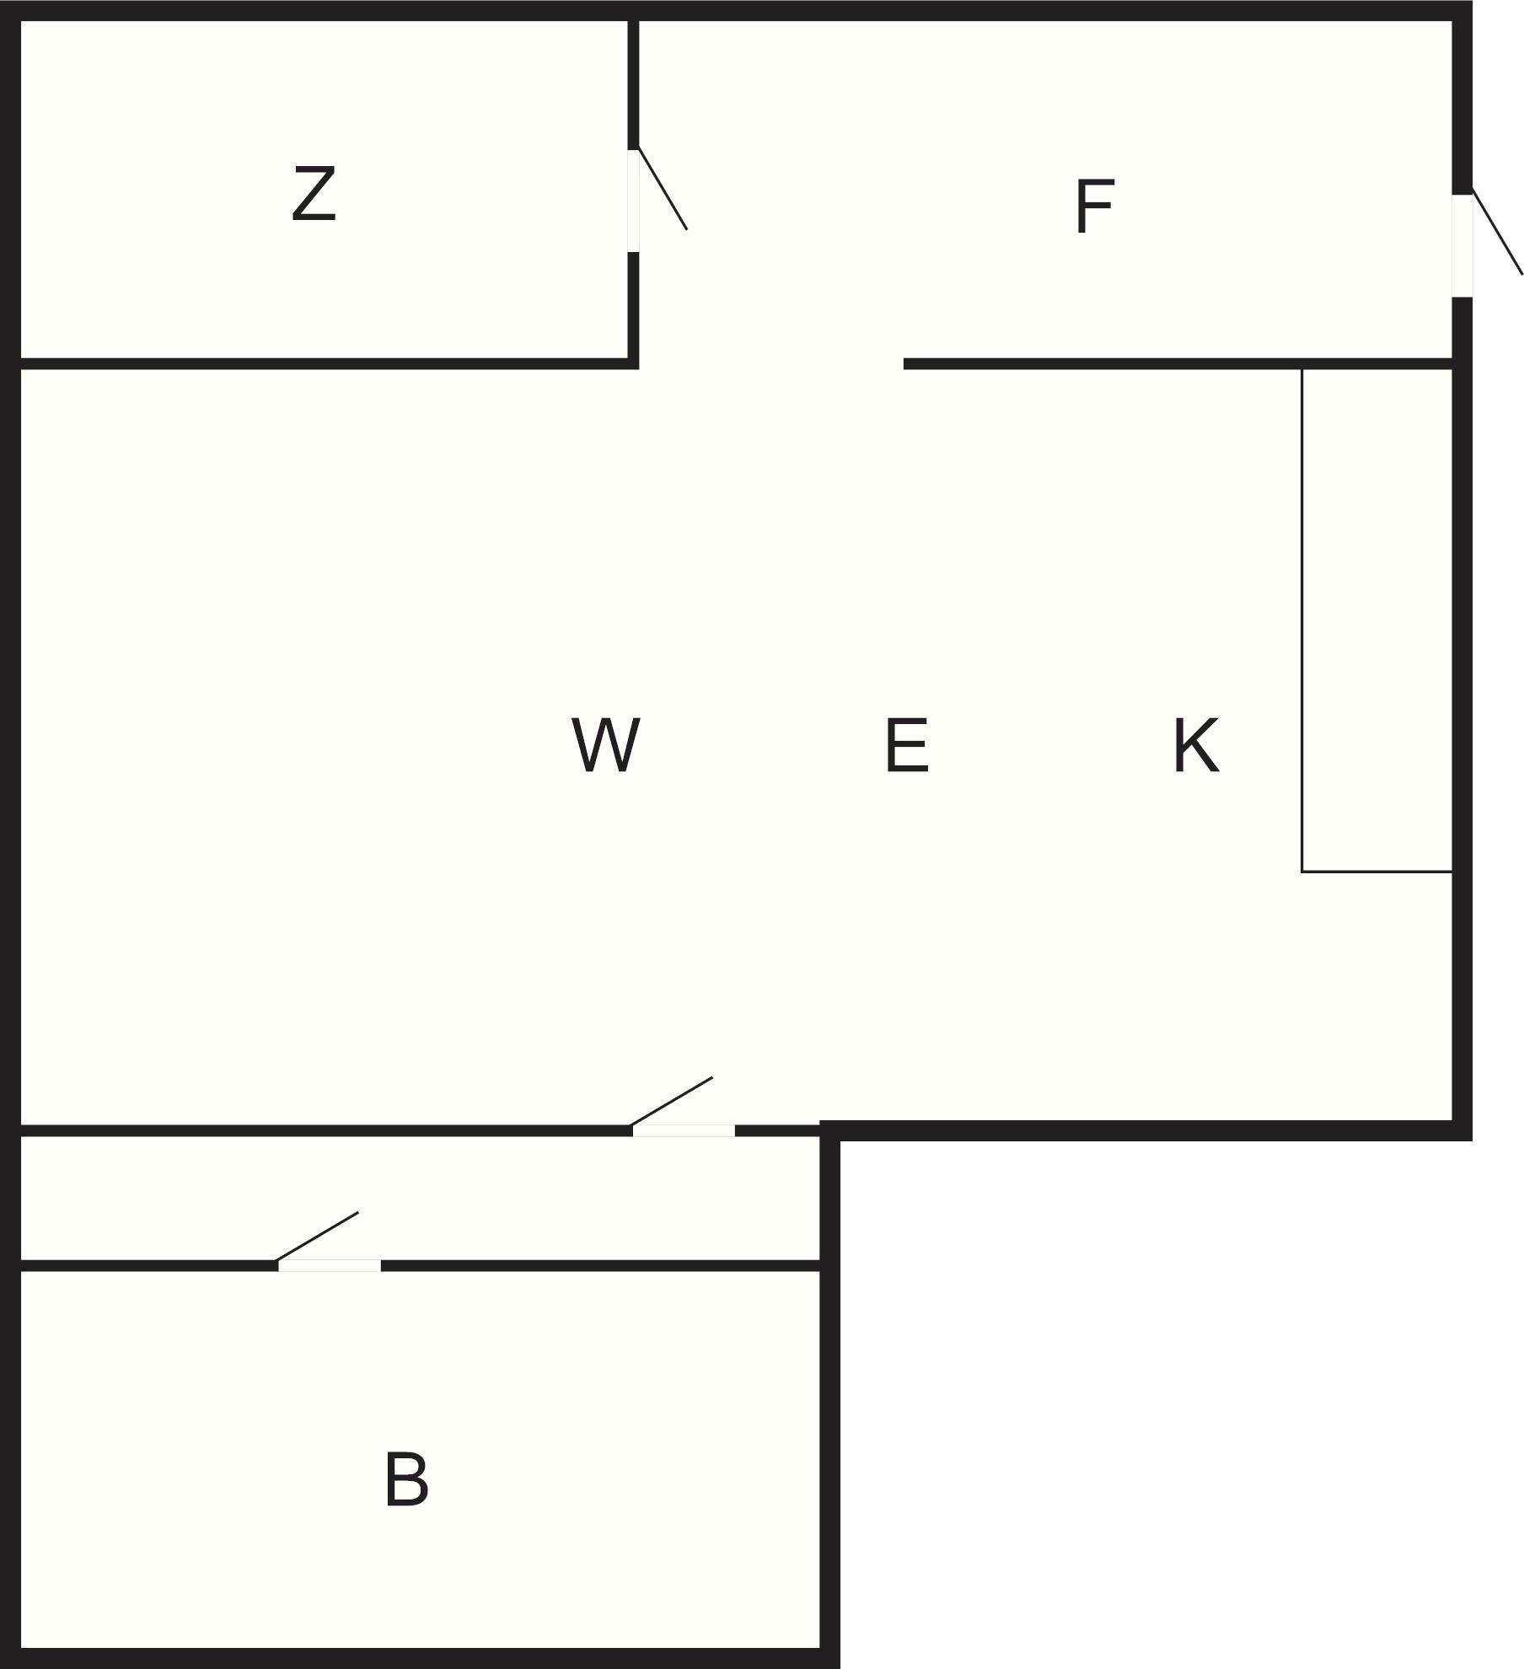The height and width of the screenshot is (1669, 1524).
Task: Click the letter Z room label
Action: point(314,194)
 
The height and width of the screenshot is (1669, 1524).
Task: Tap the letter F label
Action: point(1094,207)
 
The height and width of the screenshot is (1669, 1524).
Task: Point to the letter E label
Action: point(907,744)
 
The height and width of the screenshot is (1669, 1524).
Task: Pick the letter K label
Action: point(1195,744)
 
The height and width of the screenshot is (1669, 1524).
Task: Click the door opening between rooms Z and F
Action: point(633,201)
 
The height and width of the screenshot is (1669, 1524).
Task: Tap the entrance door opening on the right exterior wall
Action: point(1462,245)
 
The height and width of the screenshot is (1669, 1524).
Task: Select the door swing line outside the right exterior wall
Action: point(1498,233)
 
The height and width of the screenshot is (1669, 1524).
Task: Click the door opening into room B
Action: point(330,1265)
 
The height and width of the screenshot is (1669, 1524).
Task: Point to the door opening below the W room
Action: point(684,1130)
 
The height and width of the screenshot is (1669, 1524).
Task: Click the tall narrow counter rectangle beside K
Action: point(1376,620)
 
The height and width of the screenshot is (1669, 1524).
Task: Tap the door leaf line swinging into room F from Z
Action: point(663,189)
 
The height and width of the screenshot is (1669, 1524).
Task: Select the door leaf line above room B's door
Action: point(318,1237)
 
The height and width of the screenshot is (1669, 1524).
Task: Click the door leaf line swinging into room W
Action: point(672,1101)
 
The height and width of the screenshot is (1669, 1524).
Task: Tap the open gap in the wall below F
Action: point(770,364)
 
